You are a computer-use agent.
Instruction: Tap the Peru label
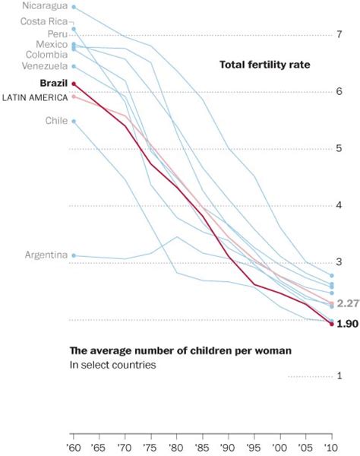coord(56,34)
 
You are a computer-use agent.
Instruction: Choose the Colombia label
coord(46,55)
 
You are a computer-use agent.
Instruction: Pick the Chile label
coord(56,121)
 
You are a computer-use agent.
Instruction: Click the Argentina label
coord(46,255)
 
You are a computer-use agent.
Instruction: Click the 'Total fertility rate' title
coord(265,65)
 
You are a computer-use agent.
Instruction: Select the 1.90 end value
coord(347,324)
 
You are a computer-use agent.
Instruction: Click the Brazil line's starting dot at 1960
coord(74,84)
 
